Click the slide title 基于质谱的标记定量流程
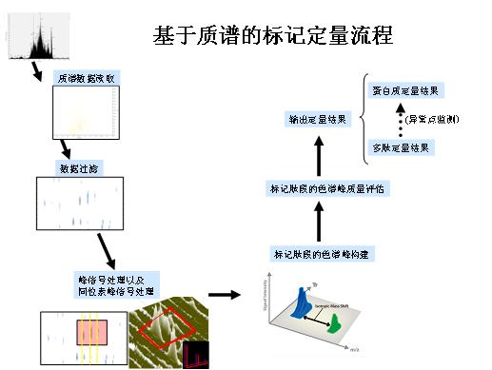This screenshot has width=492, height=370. [273, 35]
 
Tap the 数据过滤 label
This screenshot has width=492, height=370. [77, 167]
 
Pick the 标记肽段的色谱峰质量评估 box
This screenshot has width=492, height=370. [325, 188]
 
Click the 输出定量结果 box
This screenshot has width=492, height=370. [320, 119]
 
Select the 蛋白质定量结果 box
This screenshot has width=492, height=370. [407, 90]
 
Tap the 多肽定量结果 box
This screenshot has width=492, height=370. [403, 147]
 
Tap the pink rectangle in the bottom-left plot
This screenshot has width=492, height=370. [92, 331]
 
